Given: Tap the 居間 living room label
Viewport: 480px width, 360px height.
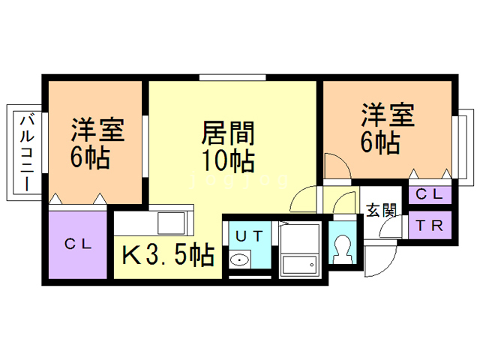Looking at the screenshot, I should (229, 133).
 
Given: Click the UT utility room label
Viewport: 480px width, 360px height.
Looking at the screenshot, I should (248, 235).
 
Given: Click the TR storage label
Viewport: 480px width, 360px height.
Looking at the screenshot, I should (430, 225).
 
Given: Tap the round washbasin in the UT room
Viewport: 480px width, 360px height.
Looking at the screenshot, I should (239, 262).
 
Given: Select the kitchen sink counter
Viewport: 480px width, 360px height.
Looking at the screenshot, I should (154, 223).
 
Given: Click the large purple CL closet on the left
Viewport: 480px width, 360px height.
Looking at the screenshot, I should (78, 244).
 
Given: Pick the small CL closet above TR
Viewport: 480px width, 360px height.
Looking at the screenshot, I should (430, 194).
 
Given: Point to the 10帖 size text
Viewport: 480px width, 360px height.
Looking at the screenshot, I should (229, 160).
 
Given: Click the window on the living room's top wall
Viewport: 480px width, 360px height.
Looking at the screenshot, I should (232, 76).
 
